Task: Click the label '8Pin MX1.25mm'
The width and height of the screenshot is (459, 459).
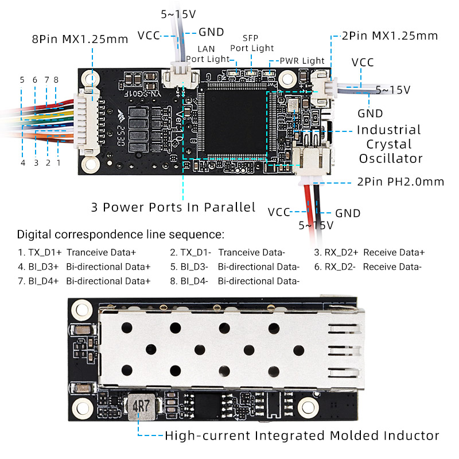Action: coord(80,40)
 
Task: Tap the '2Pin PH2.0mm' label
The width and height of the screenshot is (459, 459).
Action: coord(400,182)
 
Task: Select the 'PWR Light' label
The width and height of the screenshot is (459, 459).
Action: coord(302,61)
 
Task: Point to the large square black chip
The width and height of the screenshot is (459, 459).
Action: coord(233,120)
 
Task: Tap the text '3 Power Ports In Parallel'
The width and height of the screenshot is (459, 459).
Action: coord(173,207)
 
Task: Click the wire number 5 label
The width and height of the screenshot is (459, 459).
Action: coord(22,80)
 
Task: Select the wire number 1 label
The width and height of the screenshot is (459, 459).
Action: coord(58,163)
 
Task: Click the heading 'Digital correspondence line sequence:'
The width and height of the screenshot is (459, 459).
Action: coord(120,234)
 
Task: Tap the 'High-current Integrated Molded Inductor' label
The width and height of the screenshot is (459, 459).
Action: coord(302,435)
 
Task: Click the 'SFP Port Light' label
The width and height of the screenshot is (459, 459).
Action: coord(252,43)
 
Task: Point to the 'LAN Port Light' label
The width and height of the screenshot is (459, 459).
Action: coord(205,53)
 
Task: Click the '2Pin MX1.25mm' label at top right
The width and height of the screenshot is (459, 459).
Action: coord(390,36)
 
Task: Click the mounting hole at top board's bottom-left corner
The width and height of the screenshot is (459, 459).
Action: coord(89,165)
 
